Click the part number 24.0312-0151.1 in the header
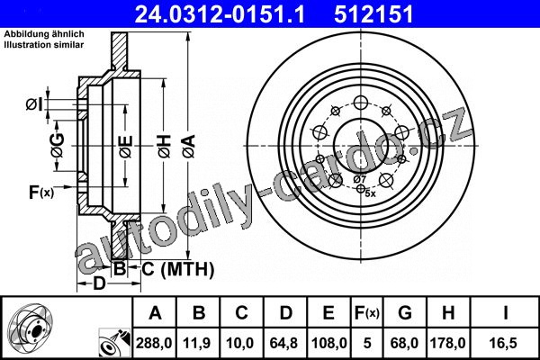(220, 14)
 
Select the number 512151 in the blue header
(373, 14)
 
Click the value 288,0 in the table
(154, 343)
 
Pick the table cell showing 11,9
(197, 343)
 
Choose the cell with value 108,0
(328, 343)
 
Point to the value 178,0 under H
(448, 343)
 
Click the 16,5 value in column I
(505, 343)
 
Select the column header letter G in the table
(405, 313)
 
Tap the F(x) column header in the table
(366, 313)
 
